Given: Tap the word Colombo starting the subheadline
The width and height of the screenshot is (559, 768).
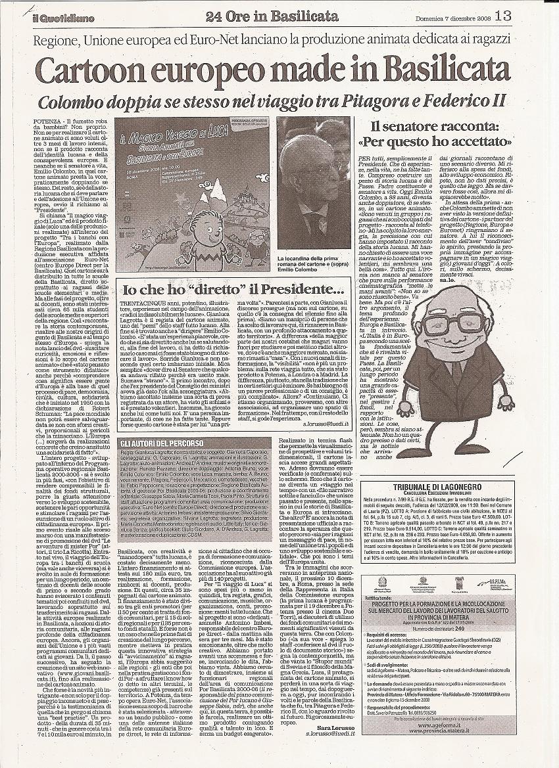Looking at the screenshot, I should pos(70,102).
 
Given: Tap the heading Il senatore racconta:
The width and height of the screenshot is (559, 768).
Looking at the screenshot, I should pos(441,125).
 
